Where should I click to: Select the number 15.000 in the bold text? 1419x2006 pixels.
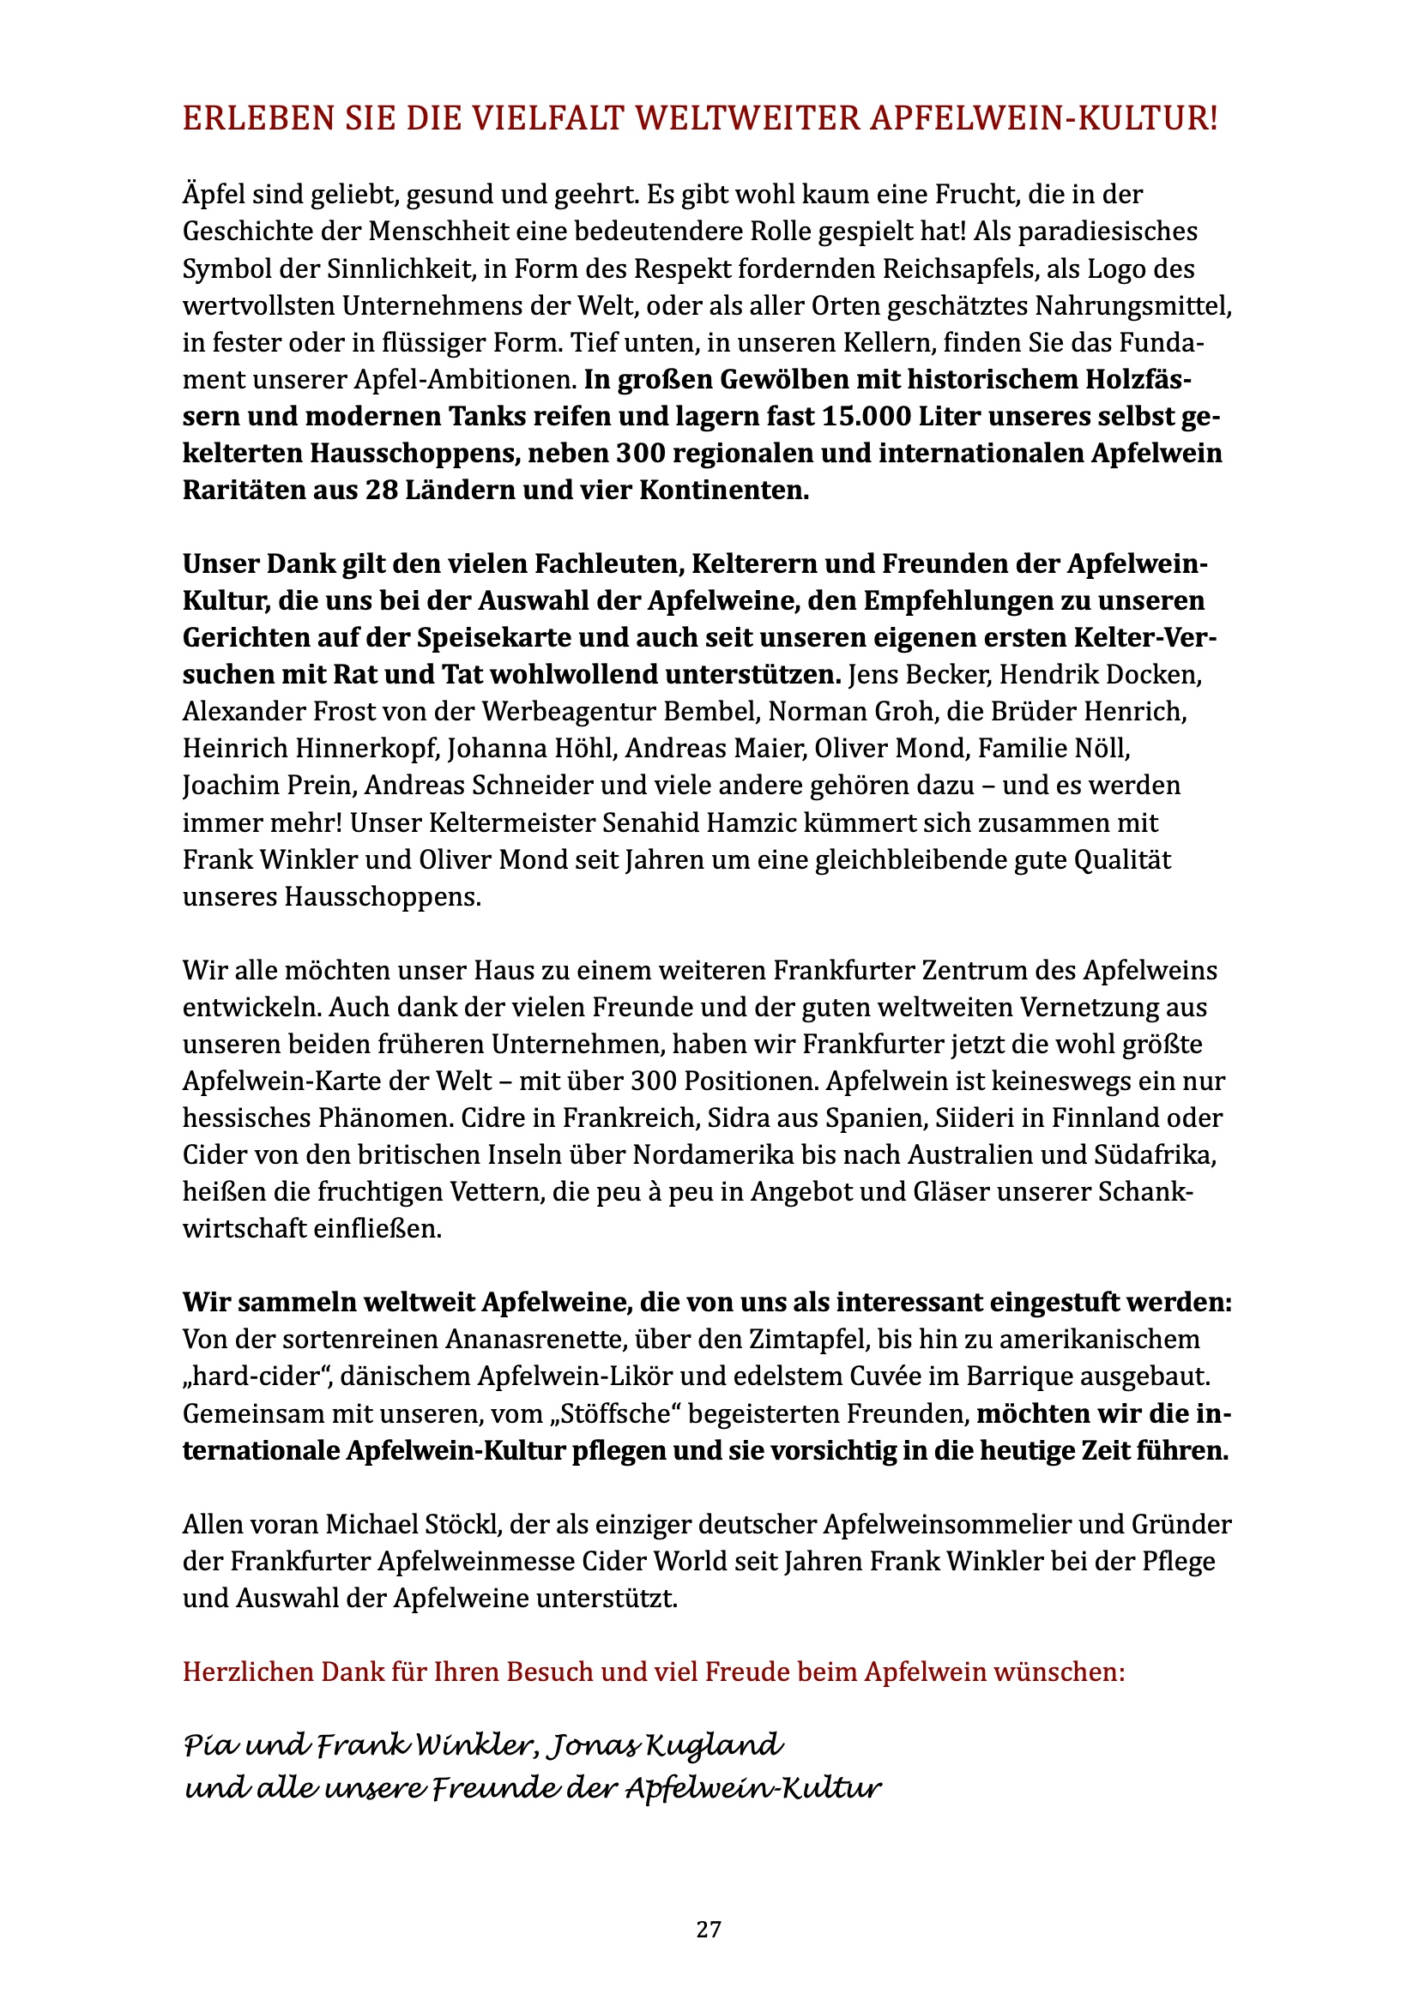click(861, 417)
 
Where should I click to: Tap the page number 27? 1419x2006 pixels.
click(709, 1930)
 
